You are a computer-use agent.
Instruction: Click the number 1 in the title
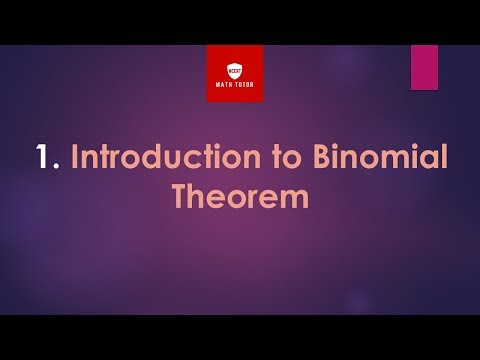pyautogui.click(x=42, y=158)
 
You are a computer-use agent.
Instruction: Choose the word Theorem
pyautogui.click(x=240, y=196)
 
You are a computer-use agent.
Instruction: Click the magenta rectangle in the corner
pyautogui.click(x=425, y=67)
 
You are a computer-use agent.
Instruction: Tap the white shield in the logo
pyautogui.click(x=235, y=69)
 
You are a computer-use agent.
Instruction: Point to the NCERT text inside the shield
pyautogui.click(x=235, y=67)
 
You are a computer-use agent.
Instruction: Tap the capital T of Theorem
pyautogui.click(x=180, y=196)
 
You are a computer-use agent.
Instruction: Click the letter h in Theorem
pyautogui.click(x=199, y=196)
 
